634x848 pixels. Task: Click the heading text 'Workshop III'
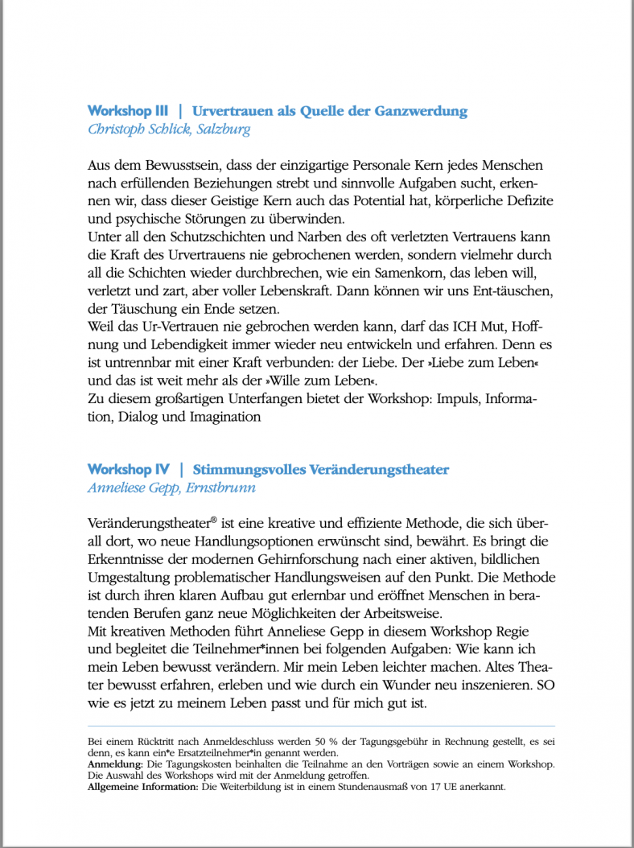pos(128,111)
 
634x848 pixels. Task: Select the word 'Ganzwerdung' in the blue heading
pos(421,111)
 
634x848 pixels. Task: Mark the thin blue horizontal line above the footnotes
pos(320,727)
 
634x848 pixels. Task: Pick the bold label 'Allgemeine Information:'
pos(142,787)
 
